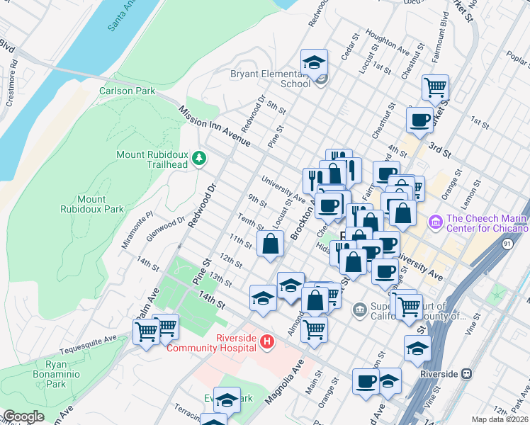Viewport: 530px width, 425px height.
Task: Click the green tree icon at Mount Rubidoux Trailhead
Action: pyautogui.click(x=200, y=157)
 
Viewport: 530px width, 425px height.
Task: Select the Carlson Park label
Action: pyautogui.click(x=127, y=91)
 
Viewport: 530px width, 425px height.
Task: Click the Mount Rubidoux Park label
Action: pyautogui.click(x=101, y=204)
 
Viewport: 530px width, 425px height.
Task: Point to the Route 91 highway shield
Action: pyautogui.click(x=507, y=244)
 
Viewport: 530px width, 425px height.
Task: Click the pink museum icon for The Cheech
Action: pyautogui.click(x=434, y=222)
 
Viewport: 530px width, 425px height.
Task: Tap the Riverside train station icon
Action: pyautogui.click(x=467, y=373)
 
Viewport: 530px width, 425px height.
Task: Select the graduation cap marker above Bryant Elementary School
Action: pyautogui.click(x=312, y=63)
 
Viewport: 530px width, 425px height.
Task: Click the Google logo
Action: pyautogui.click(x=23, y=416)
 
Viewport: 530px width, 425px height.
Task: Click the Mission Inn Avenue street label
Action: pyautogui.click(x=214, y=127)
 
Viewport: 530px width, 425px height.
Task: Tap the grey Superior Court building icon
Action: pyautogui.click(x=360, y=309)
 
